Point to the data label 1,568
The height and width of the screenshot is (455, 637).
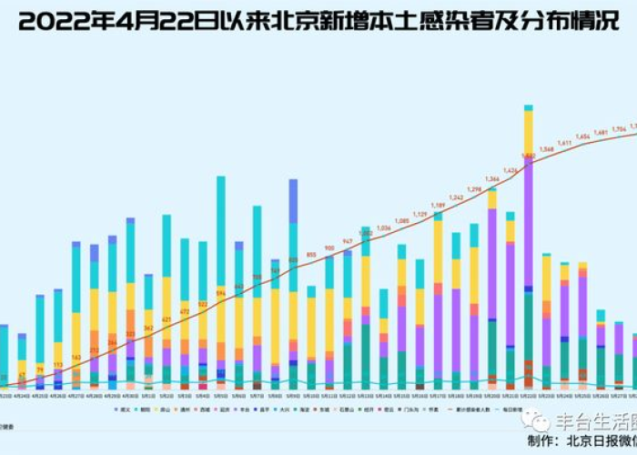tap(547, 149)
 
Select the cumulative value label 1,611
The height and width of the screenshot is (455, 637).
tap(565, 143)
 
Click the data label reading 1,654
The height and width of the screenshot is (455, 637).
tap(583, 136)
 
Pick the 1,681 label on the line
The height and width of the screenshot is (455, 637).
tap(602, 133)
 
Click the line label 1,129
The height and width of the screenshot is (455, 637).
tap(420, 214)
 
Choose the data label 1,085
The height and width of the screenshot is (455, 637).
tap(401, 220)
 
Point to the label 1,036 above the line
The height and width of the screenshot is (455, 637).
tap(383, 227)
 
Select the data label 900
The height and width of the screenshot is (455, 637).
tap(329, 248)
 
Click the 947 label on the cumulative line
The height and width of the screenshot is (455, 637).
tap(348, 241)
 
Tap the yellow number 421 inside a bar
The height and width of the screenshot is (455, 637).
tap(167, 320)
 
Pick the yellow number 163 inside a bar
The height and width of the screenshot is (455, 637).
tap(76, 359)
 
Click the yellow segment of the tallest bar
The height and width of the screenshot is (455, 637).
tap(528, 131)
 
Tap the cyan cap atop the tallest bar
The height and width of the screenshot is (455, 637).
tap(528, 107)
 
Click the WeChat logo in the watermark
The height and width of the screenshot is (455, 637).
tap(541, 421)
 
